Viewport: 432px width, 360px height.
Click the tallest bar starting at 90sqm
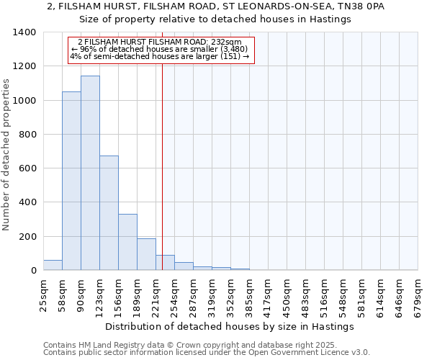[x=90, y=173]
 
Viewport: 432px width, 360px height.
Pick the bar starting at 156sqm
[x=127, y=242]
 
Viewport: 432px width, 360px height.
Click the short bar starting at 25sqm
[x=53, y=265]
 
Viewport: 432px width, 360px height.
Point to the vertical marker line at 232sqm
[x=163, y=166]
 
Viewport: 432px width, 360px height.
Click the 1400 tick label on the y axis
[x=24, y=32]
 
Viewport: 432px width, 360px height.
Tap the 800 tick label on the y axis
[x=27, y=135]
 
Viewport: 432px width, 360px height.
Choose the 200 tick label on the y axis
[x=27, y=237]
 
